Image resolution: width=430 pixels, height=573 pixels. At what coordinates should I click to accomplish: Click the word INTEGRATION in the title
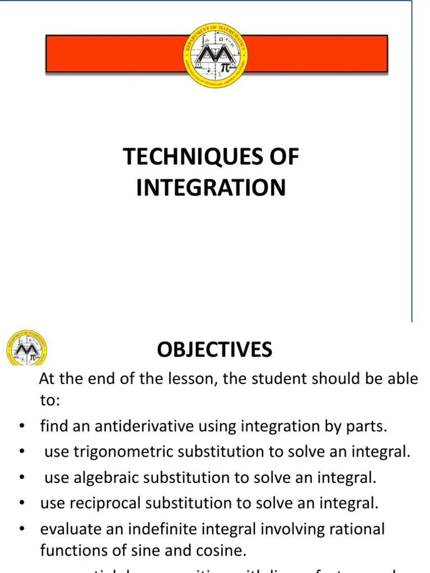211,187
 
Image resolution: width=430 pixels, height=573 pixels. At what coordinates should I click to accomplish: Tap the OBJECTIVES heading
214,350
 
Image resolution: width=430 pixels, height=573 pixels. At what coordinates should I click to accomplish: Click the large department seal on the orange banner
216,55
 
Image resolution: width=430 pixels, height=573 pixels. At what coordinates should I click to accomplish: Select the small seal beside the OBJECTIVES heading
26,348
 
